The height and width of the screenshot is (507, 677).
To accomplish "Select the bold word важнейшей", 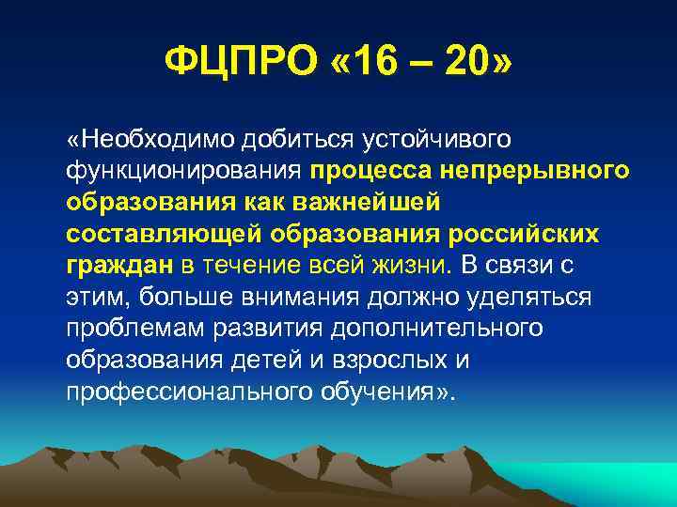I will click(x=375, y=203).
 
